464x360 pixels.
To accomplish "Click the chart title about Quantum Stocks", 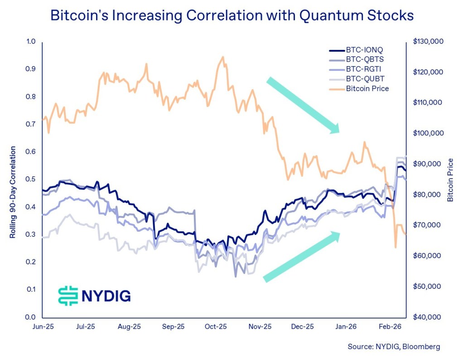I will coord(232,15).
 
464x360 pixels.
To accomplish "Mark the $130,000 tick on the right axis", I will coord(428,41).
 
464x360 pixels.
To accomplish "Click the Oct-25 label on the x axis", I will coord(216,326).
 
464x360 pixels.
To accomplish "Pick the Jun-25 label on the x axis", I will coord(42,326).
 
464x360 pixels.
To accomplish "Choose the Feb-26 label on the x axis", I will coord(388,326).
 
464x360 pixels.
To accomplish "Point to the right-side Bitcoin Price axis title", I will coord(450,180).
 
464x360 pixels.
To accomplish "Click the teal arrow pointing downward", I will coord(303,105).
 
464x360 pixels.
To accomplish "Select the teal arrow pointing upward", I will coord(301,257).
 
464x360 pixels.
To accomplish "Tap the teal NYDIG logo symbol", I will coord(68,296).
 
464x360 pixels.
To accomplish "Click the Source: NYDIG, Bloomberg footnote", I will coord(393,347).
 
